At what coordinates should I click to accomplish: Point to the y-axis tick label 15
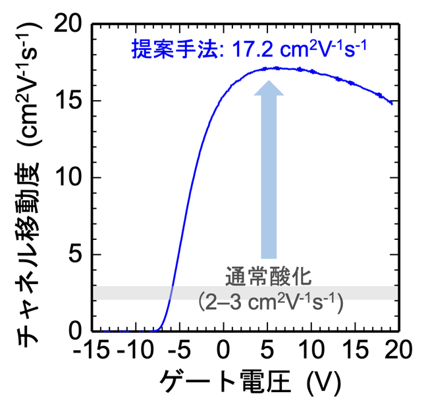(x=68, y=100)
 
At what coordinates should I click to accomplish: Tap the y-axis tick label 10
(x=68, y=177)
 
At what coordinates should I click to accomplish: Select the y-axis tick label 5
(x=75, y=254)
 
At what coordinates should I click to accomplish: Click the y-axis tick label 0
(x=75, y=331)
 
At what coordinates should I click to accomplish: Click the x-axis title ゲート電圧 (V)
(x=251, y=383)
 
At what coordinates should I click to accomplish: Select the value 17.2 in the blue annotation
(x=253, y=50)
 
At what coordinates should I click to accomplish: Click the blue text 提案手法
(x=174, y=49)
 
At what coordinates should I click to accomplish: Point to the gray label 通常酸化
(x=268, y=277)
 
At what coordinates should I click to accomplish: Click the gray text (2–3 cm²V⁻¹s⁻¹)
(x=270, y=302)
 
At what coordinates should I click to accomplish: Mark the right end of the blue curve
(x=392, y=103)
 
